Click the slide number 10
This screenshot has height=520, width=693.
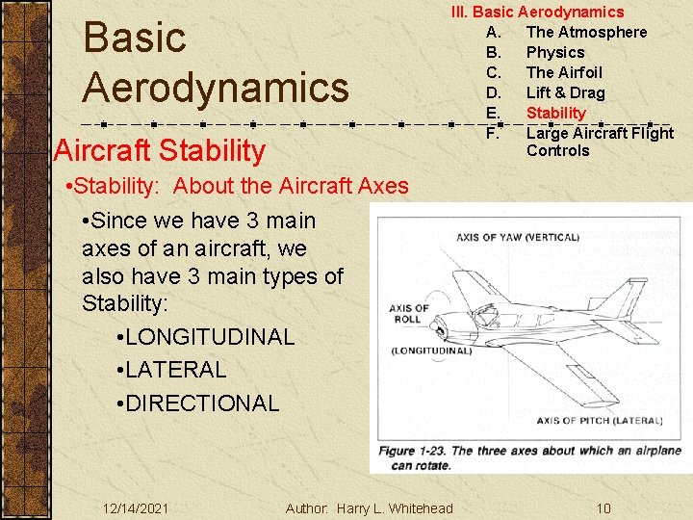603,508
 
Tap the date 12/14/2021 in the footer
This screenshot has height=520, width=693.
136,508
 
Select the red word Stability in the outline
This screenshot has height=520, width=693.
555,113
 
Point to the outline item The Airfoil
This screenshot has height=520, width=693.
564,72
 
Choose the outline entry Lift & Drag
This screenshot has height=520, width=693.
565,92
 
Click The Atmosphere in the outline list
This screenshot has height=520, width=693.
586,32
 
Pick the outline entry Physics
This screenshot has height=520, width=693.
554,52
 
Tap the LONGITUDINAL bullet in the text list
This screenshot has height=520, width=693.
209,337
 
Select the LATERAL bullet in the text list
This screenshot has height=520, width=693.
175,370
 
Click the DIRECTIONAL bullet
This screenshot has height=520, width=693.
201,403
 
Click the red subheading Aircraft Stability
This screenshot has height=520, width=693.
160,150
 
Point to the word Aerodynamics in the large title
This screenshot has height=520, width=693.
216,87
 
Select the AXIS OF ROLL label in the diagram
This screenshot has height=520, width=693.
409,314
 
